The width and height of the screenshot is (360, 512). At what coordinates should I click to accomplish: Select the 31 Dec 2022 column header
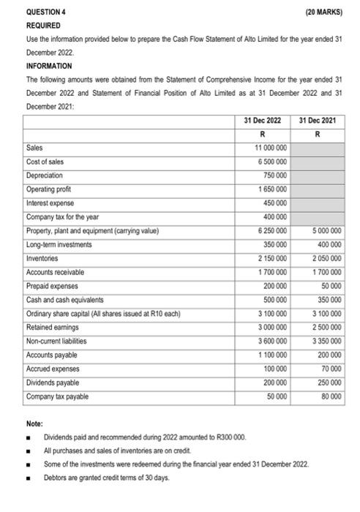(x=263, y=120)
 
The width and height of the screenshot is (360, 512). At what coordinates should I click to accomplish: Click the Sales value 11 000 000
(x=271, y=148)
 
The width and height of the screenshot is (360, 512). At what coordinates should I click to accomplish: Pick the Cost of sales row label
(x=45, y=162)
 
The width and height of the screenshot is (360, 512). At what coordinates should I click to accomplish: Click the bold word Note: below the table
(x=34, y=423)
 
